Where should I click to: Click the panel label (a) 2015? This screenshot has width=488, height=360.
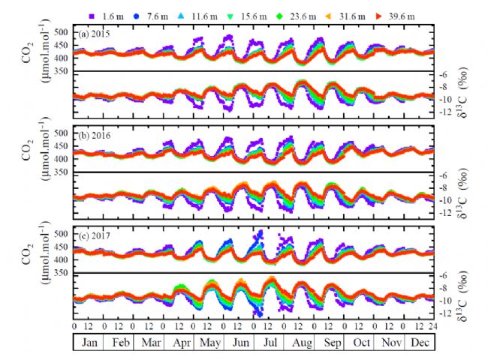(96, 34)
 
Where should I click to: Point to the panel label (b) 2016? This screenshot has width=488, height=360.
(96, 136)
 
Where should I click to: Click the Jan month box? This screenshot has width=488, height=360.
(89, 341)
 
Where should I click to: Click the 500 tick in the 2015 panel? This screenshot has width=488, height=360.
(63, 34)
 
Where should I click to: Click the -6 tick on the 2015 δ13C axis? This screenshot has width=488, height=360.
(444, 74)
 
